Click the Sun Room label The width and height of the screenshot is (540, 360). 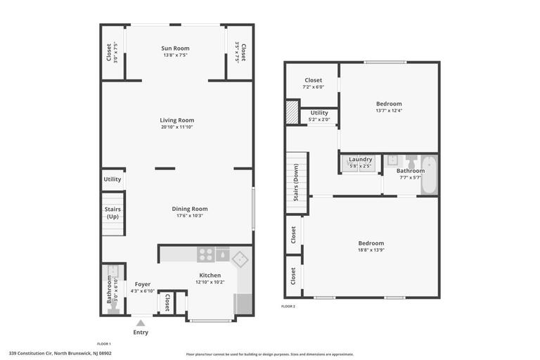click(x=176, y=49)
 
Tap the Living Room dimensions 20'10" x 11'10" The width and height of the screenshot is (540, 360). click(x=176, y=127)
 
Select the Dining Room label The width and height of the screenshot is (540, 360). click(x=190, y=209)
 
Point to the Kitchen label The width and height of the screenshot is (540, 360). click(x=210, y=275)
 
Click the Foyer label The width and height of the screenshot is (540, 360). click(x=143, y=284)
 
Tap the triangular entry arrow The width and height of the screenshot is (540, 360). click(x=141, y=323)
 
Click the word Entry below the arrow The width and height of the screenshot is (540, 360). click(x=141, y=333)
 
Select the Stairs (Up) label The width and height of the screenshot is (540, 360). click(x=112, y=213)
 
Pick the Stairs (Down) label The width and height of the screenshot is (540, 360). click(x=296, y=183)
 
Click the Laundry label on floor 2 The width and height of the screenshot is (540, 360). click(x=361, y=160)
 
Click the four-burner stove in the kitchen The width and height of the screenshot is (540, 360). click(x=205, y=255)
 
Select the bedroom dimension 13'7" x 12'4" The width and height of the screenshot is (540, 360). click(x=389, y=110)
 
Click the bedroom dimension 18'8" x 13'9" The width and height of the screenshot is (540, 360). click(x=371, y=250)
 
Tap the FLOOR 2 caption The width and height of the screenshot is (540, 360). click(x=288, y=307)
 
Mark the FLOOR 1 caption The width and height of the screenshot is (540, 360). click(x=103, y=344)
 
